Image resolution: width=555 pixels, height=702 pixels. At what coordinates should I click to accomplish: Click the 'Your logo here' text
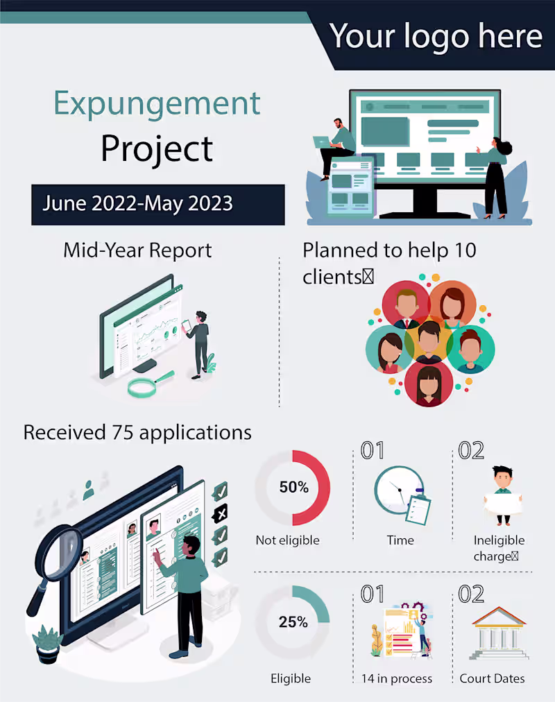click(x=436, y=37)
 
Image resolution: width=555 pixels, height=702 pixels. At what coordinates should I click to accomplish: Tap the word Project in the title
click(x=157, y=148)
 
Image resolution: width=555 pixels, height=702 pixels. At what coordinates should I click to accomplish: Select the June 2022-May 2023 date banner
click(x=158, y=205)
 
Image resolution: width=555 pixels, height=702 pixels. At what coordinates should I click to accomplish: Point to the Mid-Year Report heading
click(x=137, y=250)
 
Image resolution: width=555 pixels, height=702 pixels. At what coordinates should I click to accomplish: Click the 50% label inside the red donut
click(x=293, y=487)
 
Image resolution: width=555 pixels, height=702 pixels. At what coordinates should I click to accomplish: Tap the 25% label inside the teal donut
click(x=293, y=622)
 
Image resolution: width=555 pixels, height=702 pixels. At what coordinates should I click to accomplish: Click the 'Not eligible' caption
click(x=287, y=540)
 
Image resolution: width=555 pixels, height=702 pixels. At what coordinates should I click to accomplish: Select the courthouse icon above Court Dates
click(x=499, y=633)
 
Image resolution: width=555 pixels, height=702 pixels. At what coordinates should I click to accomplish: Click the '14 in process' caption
click(x=397, y=678)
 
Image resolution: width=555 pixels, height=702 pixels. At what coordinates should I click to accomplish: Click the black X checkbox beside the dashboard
click(x=220, y=514)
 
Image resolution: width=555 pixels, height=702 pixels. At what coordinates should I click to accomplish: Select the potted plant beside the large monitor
click(x=47, y=644)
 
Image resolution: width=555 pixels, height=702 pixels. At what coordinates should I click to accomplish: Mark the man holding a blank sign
click(x=503, y=495)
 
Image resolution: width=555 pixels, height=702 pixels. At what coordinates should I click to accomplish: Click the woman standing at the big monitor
click(x=497, y=178)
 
